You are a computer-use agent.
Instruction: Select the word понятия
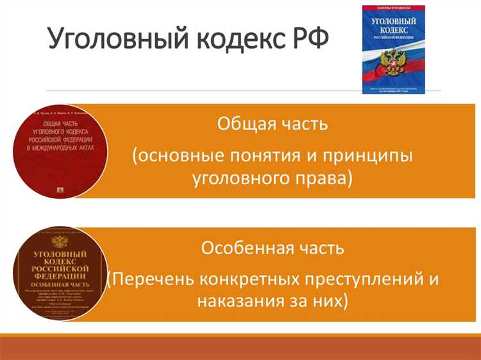[x=280, y=156]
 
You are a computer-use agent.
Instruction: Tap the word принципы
[x=373, y=156]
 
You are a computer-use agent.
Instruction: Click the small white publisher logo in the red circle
[x=61, y=189]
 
